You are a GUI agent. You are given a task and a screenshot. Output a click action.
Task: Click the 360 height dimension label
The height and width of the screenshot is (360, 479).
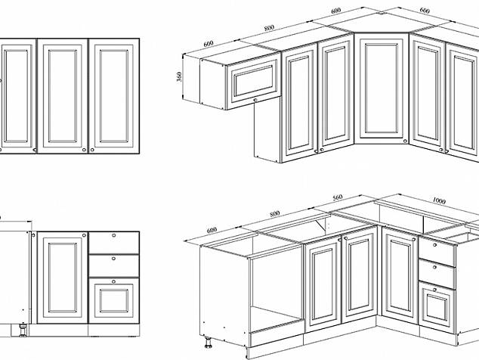(x=179, y=76)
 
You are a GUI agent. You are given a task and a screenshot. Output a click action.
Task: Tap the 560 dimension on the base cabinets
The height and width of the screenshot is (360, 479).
(x=337, y=198)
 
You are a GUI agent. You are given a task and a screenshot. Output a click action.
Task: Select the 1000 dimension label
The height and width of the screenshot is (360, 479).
(x=439, y=200)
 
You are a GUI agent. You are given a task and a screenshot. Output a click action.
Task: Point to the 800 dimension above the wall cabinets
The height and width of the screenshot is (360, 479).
(x=269, y=28)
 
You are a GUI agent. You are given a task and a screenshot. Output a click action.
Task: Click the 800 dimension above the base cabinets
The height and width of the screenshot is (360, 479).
(x=274, y=213)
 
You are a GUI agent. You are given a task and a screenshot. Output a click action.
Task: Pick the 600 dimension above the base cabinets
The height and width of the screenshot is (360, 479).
(x=212, y=230)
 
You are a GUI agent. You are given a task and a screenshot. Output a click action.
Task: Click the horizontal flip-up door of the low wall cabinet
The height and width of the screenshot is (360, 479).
(x=253, y=82)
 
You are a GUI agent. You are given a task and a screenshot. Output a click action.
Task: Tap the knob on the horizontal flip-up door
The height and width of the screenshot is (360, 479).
(x=255, y=100)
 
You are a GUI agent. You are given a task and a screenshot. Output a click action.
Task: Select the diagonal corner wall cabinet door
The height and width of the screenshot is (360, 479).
(x=382, y=88)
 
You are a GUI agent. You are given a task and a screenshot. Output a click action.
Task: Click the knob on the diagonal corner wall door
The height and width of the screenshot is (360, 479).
(x=405, y=141)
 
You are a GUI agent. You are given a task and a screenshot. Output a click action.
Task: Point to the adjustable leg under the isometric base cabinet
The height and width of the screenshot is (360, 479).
(x=208, y=343)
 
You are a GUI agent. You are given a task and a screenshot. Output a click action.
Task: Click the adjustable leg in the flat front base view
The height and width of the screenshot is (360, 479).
(x=23, y=331)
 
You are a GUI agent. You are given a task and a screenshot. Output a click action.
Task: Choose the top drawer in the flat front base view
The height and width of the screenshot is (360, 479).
(x=113, y=243)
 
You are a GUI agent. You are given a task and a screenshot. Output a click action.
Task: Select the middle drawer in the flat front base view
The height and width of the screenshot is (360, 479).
(x=113, y=265)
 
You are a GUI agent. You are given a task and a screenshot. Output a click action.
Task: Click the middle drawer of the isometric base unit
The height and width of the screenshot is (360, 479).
(x=437, y=274)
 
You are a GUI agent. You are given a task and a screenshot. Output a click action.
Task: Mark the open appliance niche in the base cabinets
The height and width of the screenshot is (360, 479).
(x=277, y=293)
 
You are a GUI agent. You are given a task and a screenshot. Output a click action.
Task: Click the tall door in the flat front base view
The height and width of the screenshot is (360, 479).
(x=62, y=278)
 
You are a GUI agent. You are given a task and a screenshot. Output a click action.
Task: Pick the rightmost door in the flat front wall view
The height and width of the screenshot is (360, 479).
(x=113, y=96)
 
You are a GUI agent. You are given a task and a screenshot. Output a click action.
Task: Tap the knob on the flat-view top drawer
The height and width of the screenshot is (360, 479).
(x=113, y=235)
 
